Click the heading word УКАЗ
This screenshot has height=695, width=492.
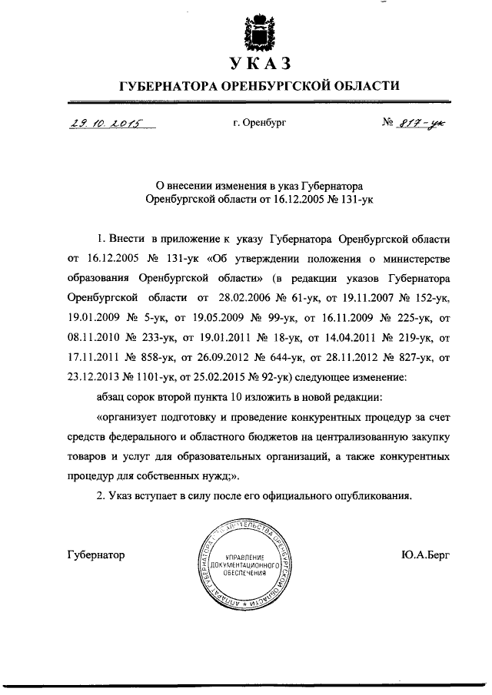click(x=258, y=63)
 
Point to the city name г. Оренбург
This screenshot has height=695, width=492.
click(x=259, y=123)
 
